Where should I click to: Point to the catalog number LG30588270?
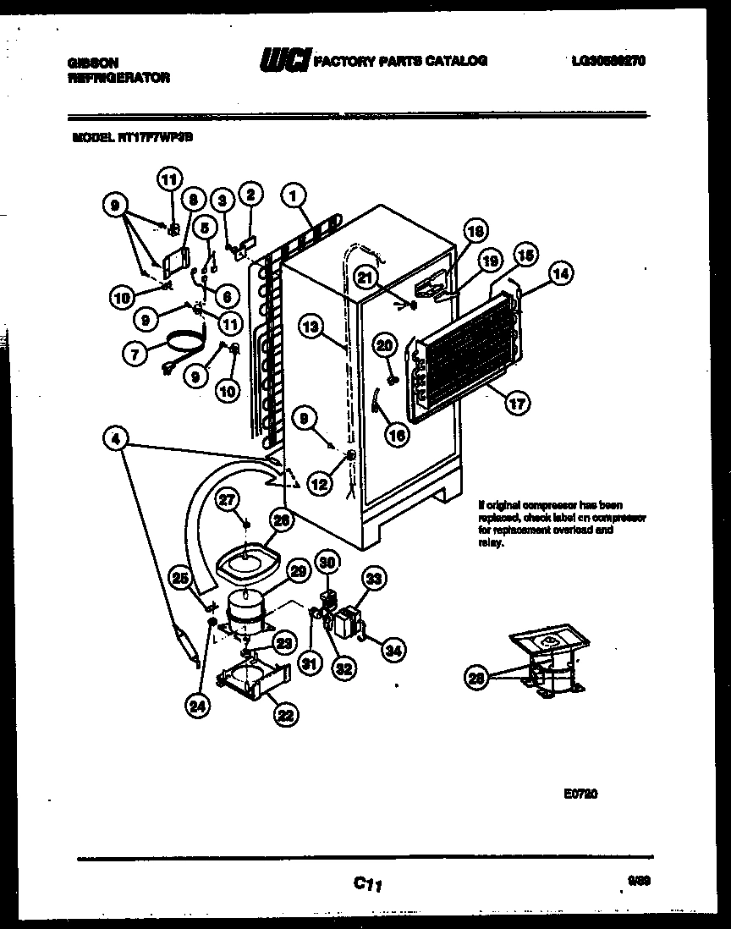[609, 61]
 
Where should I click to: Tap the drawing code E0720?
[581, 794]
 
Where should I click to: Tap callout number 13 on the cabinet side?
[312, 326]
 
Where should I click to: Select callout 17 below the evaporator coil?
[518, 404]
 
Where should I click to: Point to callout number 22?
[283, 716]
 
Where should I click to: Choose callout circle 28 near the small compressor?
[478, 677]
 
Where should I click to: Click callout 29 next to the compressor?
[296, 571]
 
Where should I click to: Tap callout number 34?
[393, 651]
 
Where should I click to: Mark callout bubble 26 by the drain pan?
[283, 522]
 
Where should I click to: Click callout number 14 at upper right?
[560, 272]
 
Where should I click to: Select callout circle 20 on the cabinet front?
[385, 345]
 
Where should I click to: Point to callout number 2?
[250, 195]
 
